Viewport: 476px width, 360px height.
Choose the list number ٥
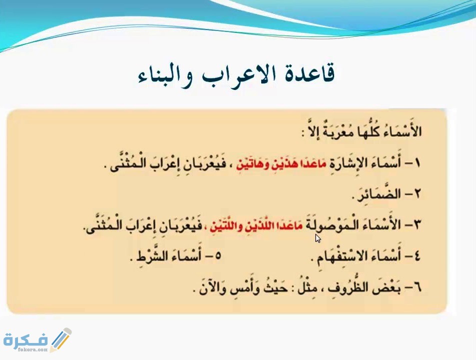217,256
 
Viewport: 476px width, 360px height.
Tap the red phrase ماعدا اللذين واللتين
258,225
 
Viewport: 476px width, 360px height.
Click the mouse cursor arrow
318,238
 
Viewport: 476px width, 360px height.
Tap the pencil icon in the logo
61,339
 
